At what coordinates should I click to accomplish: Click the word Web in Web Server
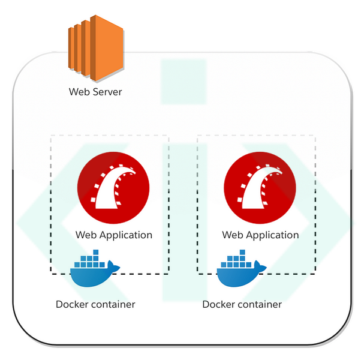tap(79, 92)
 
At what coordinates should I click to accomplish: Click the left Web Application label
tap(113, 235)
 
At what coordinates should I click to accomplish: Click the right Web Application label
tap(260, 235)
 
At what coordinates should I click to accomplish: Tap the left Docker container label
tap(95, 304)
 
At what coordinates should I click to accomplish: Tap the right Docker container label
tap(242, 304)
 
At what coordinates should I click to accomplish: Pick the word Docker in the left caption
tap(72, 304)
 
